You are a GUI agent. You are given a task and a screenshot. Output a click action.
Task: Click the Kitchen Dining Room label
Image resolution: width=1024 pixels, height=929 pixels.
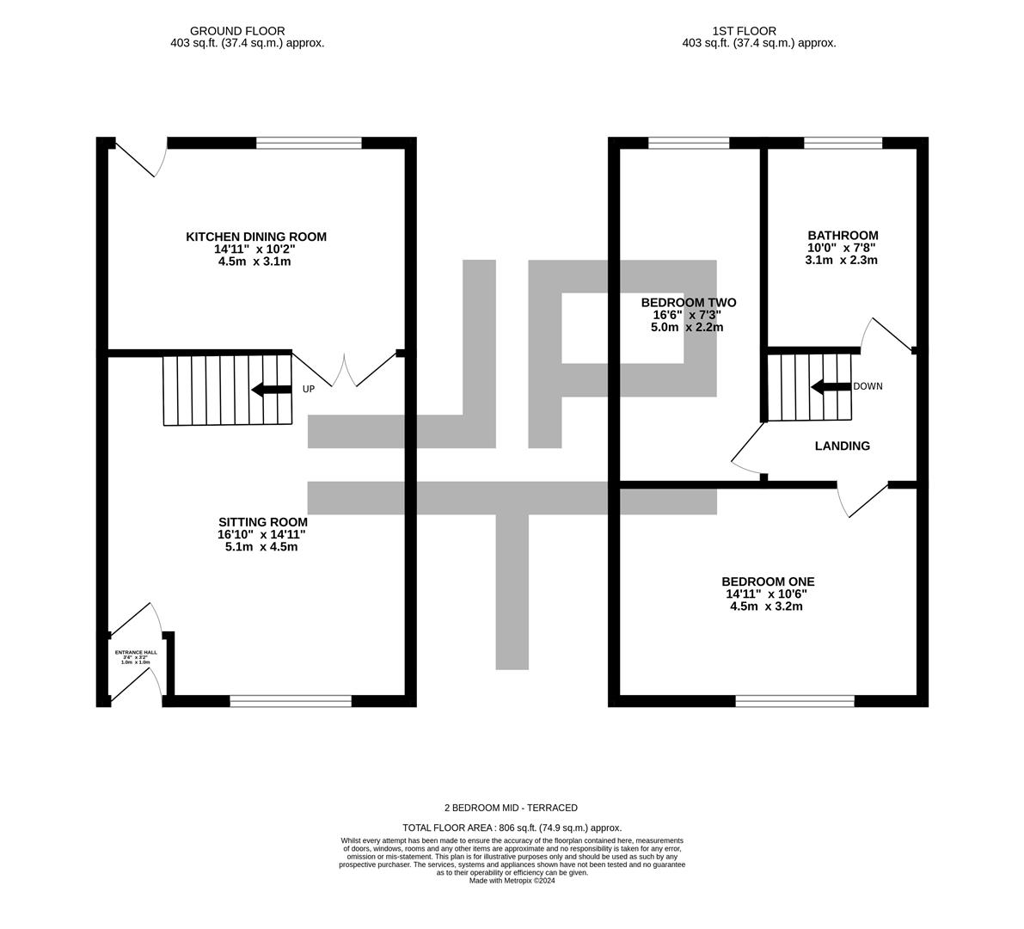[256, 237]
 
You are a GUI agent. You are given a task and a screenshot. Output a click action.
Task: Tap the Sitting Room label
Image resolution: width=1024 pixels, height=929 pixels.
[262, 522]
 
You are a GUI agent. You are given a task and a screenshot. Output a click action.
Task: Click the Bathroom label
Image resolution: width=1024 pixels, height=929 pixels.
[842, 236]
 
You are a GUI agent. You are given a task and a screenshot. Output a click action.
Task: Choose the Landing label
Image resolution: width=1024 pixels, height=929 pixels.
[842, 446]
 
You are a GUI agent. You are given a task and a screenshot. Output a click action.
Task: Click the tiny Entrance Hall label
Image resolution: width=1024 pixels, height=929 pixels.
[136, 653]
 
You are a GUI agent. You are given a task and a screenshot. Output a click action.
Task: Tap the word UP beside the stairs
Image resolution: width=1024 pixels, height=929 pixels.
[308, 390]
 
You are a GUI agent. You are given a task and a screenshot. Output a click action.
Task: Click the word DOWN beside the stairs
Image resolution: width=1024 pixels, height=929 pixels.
[867, 386]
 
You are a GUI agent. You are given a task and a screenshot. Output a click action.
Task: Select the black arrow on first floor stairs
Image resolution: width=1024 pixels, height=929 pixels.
[830, 386]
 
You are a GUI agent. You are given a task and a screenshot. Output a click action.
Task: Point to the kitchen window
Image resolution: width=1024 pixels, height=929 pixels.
[309, 143]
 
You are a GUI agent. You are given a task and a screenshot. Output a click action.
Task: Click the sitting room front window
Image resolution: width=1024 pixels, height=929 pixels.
[291, 701]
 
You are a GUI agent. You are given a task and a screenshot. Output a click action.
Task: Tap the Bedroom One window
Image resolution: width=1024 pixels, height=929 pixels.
[794, 701]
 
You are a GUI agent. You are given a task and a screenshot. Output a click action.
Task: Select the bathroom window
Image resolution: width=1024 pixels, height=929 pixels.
[843, 143]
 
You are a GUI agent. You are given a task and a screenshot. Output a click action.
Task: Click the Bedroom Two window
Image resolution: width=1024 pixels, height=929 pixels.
[688, 143]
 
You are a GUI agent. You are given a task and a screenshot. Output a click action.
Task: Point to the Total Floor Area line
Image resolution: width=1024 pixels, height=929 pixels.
[511, 827]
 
